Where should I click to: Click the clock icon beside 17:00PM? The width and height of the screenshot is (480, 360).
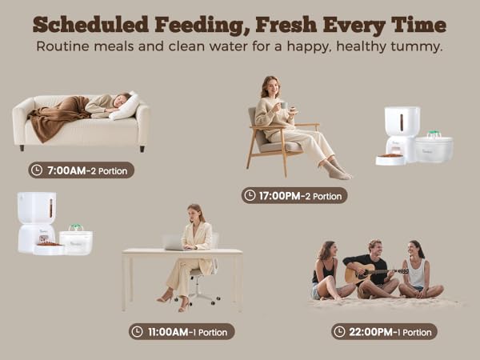[250, 195]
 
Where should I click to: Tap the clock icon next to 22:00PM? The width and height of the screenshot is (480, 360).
[339, 331]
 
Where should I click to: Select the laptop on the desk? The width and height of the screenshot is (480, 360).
[174, 242]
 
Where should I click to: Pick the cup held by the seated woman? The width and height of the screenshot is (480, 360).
[282, 105]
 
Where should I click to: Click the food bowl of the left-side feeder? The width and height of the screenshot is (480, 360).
[49, 249]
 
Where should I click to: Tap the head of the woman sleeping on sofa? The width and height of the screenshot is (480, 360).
[121, 99]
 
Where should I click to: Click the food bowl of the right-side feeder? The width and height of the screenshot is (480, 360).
[390, 158]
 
